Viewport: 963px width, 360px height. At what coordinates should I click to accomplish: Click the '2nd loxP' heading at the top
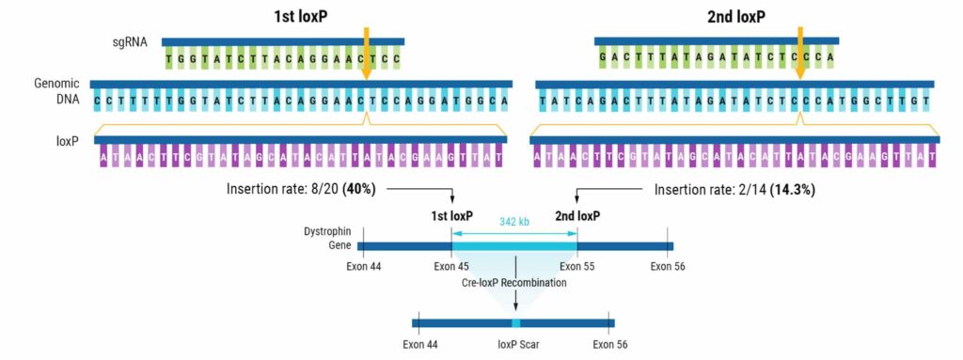735,17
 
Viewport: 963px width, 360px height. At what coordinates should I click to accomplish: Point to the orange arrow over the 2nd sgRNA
800,44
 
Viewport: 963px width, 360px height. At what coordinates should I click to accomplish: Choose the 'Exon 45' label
451,266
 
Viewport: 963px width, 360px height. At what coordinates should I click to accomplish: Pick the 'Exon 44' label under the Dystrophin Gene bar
363,266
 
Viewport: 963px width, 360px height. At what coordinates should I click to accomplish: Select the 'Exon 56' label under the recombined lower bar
611,344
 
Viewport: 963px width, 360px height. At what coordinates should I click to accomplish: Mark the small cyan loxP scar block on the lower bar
515,323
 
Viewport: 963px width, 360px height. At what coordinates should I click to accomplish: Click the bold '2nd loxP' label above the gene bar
576,215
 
